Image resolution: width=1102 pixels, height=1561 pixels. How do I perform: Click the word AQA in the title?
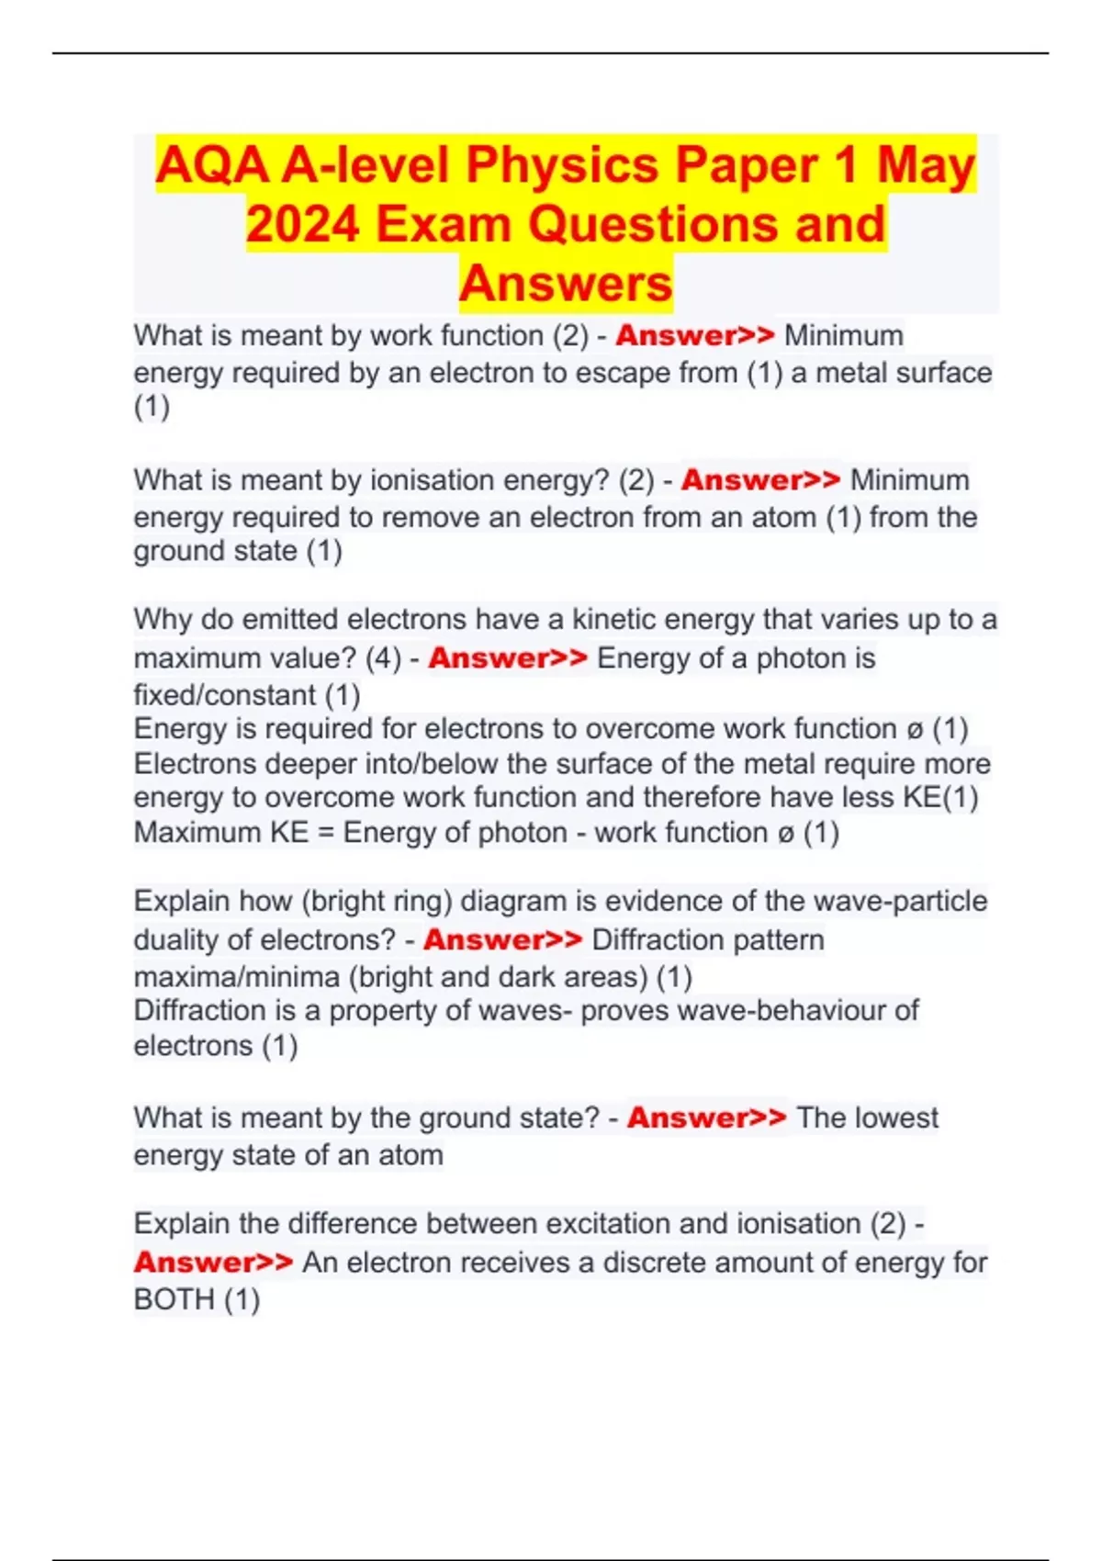pyautogui.click(x=213, y=166)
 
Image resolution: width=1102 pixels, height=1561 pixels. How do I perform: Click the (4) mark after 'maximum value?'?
pyautogui.click(x=383, y=658)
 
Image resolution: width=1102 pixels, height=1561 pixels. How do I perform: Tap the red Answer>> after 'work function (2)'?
pyautogui.click(x=695, y=335)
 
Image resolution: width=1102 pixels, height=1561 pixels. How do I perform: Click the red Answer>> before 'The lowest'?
pyautogui.click(x=706, y=1117)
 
